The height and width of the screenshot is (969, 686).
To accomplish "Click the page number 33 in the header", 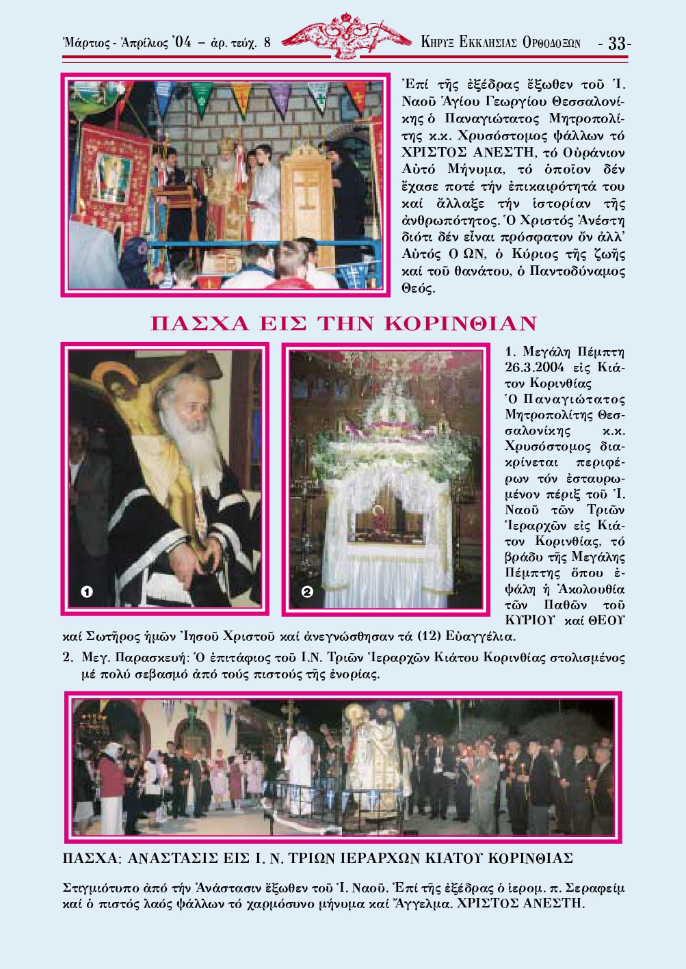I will click(x=616, y=42).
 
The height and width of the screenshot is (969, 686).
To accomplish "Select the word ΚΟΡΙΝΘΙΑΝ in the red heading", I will click(x=460, y=323).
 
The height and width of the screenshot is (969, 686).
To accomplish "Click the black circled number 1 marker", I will click(x=87, y=592).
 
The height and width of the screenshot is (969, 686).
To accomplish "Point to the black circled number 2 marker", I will click(x=306, y=591).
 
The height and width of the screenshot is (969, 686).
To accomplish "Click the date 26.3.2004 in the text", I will click(x=535, y=367).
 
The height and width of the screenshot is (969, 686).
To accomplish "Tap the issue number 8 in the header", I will click(x=267, y=42).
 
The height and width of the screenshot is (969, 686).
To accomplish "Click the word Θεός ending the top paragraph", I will click(x=418, y=289).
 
